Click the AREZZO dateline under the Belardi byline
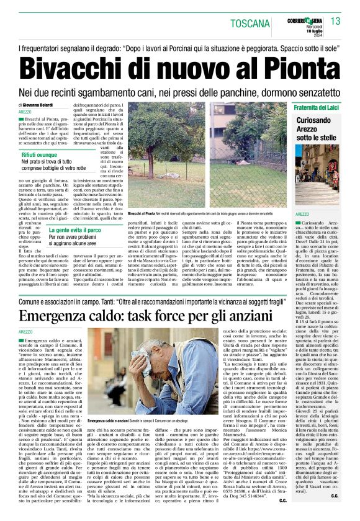coord(26,112)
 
